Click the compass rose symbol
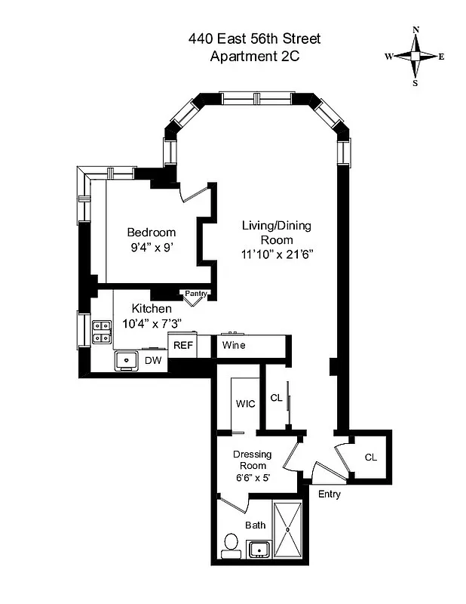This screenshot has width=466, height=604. click(415, 57)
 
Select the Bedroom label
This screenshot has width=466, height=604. click(151, 232)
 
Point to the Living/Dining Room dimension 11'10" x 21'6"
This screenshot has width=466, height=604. click(276, 254)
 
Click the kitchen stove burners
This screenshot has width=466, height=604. click(102, 333)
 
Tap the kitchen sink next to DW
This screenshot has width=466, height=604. click(125, 361)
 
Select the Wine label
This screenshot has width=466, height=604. click(234, 345)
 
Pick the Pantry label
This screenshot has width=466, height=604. click(196, 294)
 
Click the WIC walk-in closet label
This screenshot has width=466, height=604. click(246, 403)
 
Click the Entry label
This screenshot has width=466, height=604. click(330, 495)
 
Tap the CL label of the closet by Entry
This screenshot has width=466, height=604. click(370, 458)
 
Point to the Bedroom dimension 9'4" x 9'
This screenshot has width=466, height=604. click(151, 246)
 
